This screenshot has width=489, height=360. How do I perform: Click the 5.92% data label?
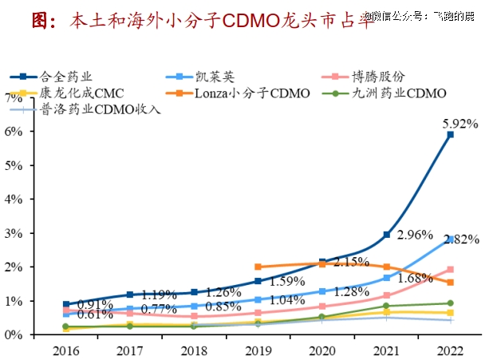pos(460,124)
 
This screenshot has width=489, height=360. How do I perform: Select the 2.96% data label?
pos(414,235)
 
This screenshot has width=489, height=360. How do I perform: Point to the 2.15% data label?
pos(351,262)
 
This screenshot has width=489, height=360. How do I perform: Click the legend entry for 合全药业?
pos(65,77)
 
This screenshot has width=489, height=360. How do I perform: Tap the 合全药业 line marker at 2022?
pos(451,135)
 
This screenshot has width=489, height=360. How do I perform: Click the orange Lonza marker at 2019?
pos(258,267)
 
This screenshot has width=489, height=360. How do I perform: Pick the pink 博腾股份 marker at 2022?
pos(451,270)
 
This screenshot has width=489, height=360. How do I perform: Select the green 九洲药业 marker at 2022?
pos(451,303)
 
